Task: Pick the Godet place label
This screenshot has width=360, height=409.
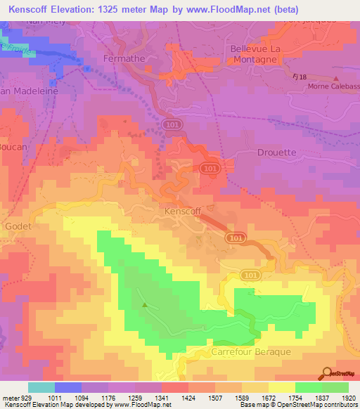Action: click(17, 227)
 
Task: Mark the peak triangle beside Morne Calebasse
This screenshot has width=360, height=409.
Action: click(336, 79)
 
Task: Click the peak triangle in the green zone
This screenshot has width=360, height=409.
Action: click(145, 305)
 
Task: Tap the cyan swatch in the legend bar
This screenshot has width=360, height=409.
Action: click(41, 387)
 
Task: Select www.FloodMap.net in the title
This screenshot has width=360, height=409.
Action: click(224, 9)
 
